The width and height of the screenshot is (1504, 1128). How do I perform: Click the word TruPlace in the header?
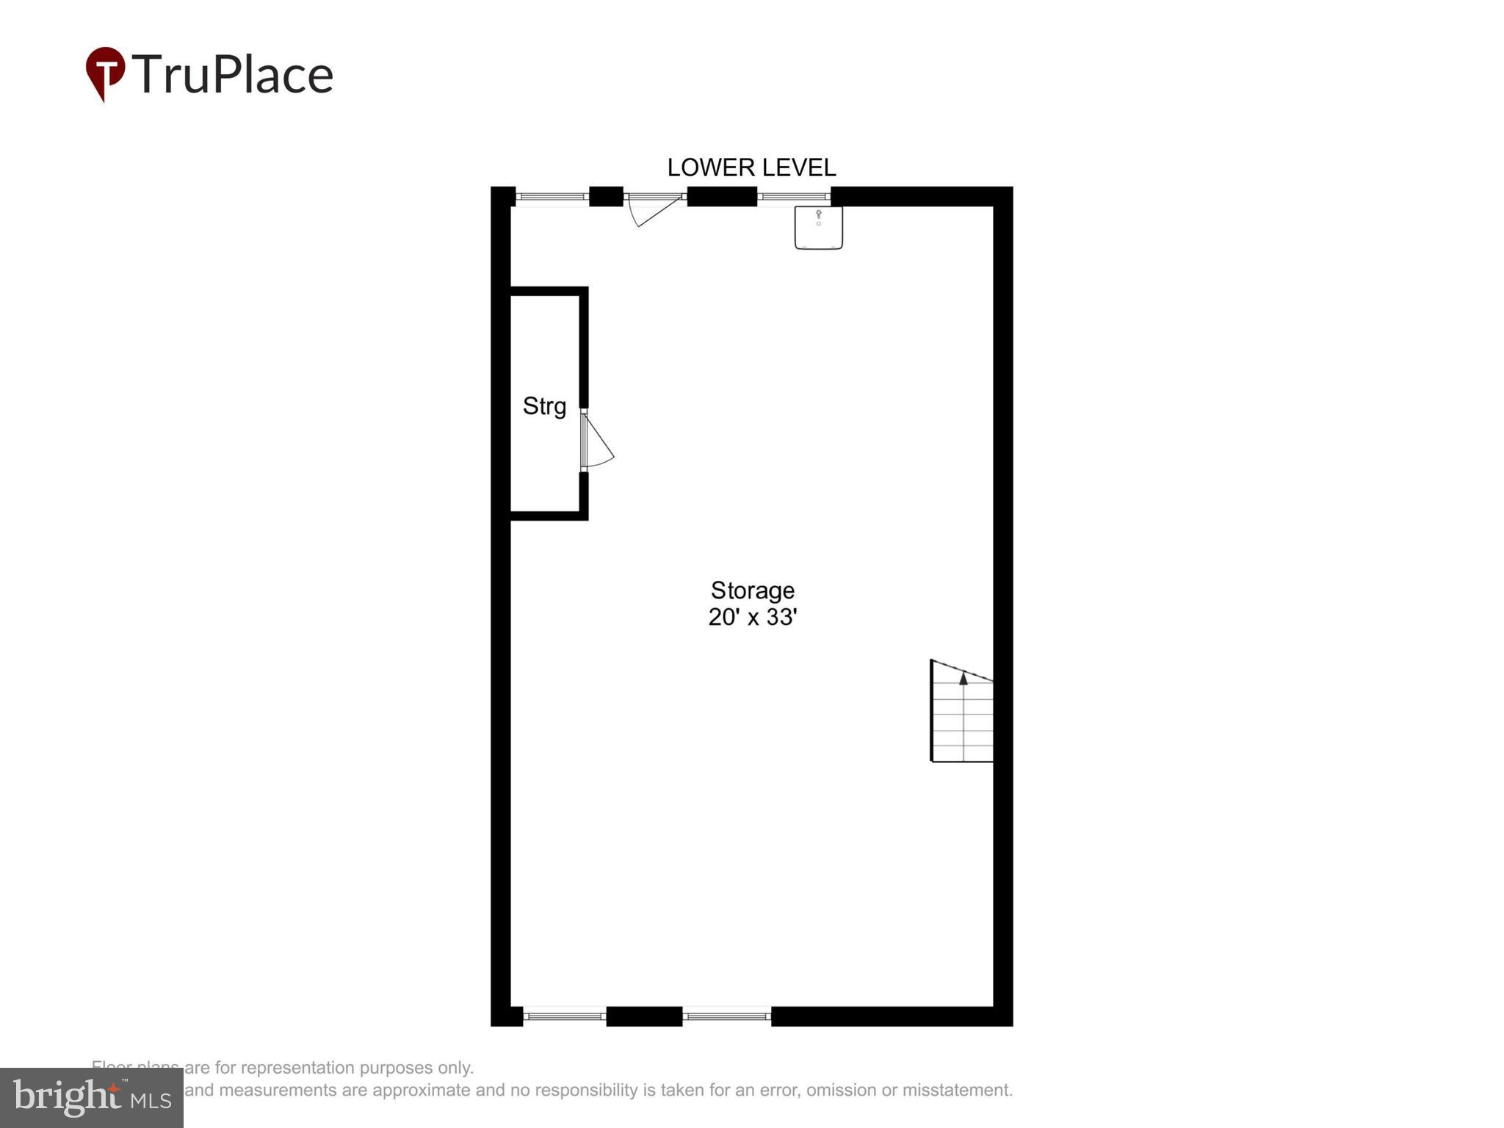point(232,74)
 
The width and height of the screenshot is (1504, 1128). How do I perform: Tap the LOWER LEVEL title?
point(751,167)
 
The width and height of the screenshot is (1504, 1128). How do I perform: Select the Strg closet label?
point(544,406)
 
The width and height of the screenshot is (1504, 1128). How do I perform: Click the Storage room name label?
point(752,590)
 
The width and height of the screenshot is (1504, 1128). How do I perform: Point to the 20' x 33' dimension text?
point(752,617)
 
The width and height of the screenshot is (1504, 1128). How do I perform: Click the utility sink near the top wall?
point(818,227)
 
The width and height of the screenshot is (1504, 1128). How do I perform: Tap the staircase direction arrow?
point(963,679)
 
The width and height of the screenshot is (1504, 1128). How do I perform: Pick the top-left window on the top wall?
point(552,197)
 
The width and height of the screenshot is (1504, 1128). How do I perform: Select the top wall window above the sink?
point(793,197)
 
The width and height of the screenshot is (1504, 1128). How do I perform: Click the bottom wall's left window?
point(564,1016)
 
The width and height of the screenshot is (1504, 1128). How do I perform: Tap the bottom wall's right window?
point(726,1016)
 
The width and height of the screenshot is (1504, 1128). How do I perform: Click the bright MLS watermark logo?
point(92,1098)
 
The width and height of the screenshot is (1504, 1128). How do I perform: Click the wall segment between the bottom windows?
point(644,1016)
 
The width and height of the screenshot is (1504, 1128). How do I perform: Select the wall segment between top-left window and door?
point(606,197)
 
